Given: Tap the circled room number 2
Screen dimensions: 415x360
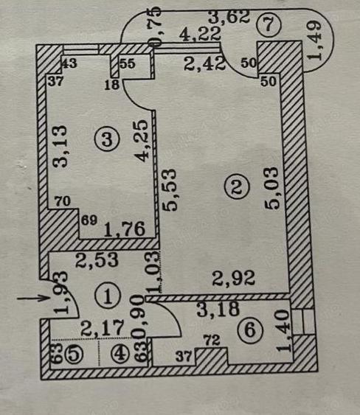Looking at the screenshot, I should [x=236, y=189].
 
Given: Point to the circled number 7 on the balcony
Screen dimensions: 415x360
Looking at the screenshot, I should [x=267, y=25].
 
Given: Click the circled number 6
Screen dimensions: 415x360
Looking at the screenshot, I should [x=252, y=331].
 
